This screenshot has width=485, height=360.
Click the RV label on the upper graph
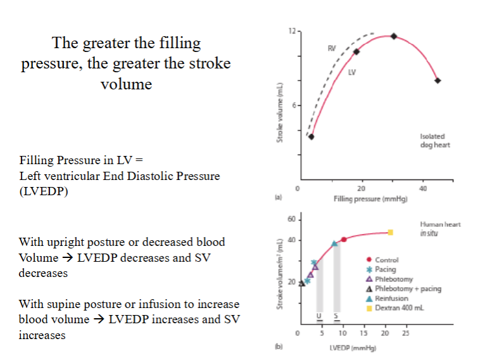coord(332,48)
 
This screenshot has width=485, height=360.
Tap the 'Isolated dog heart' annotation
coord(432,140)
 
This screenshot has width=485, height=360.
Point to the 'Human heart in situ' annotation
coord(439,229)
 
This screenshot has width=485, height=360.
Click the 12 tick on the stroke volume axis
coord(291,31)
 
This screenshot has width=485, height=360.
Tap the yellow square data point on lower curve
coord(391,233)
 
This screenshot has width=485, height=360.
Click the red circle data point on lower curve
coord(344,240)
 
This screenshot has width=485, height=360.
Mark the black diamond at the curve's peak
coord(393,36)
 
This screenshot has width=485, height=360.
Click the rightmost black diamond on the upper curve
coord(438,80)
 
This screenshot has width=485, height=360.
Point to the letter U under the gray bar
coord(320,316)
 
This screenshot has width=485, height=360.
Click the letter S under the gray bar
coord(336,316)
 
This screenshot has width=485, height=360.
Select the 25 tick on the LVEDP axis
coord(406,333)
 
